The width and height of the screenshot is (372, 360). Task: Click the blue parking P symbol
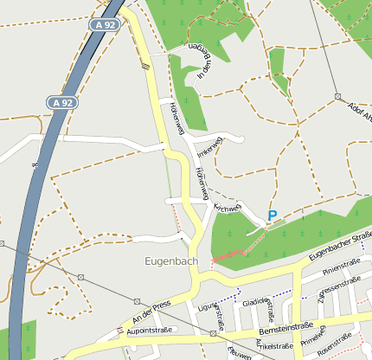tap(272, 215)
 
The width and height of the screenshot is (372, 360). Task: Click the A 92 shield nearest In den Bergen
tap(106, 26)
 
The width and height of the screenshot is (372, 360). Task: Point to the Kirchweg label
tap(227, 208)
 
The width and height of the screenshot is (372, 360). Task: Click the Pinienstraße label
tap(340, 268)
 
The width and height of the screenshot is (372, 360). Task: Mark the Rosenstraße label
tap(335, 344)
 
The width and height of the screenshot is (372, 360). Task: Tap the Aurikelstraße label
tap(274, 345)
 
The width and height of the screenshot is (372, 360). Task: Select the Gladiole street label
tap(256, 302)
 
